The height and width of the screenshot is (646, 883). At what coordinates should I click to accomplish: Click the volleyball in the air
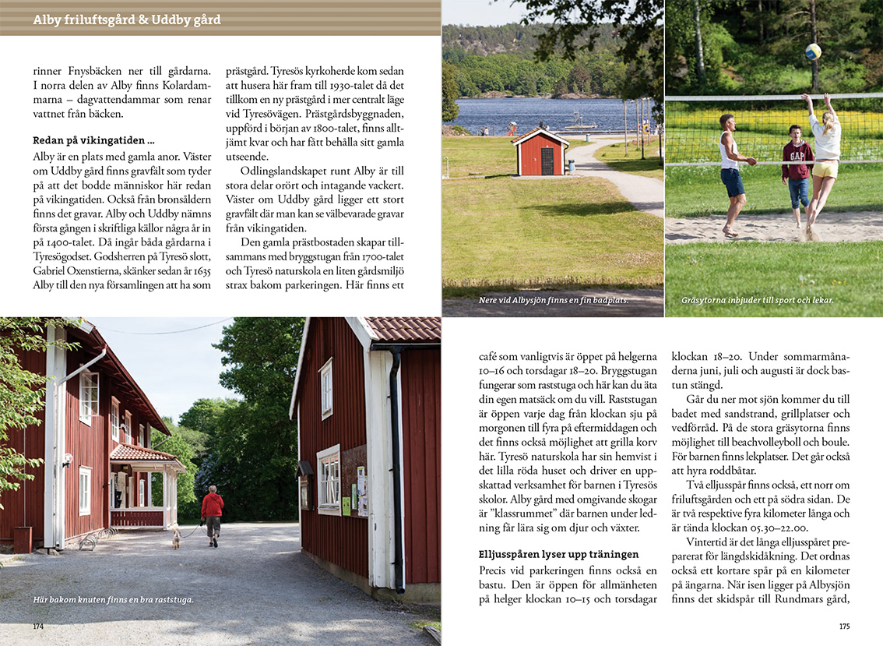coord(813,51)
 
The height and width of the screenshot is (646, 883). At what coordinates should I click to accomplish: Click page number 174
coord(38,626)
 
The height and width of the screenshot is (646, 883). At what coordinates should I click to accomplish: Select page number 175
coord(844,626)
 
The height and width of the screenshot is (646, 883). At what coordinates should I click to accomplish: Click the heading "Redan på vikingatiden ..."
coord(93,141)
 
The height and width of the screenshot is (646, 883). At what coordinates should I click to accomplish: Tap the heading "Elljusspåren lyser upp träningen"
coord(558,555)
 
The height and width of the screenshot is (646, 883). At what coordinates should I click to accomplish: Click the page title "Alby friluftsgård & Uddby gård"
coord(127,19)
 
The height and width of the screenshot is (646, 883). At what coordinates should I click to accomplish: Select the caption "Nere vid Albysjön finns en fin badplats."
coord(554,299)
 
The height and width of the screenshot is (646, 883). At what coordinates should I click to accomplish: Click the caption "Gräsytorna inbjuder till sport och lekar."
coord(757,299)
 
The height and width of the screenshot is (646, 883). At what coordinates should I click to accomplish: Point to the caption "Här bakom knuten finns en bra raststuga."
coord(113,599)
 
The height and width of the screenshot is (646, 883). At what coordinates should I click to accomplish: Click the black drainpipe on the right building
coord(398,468)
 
